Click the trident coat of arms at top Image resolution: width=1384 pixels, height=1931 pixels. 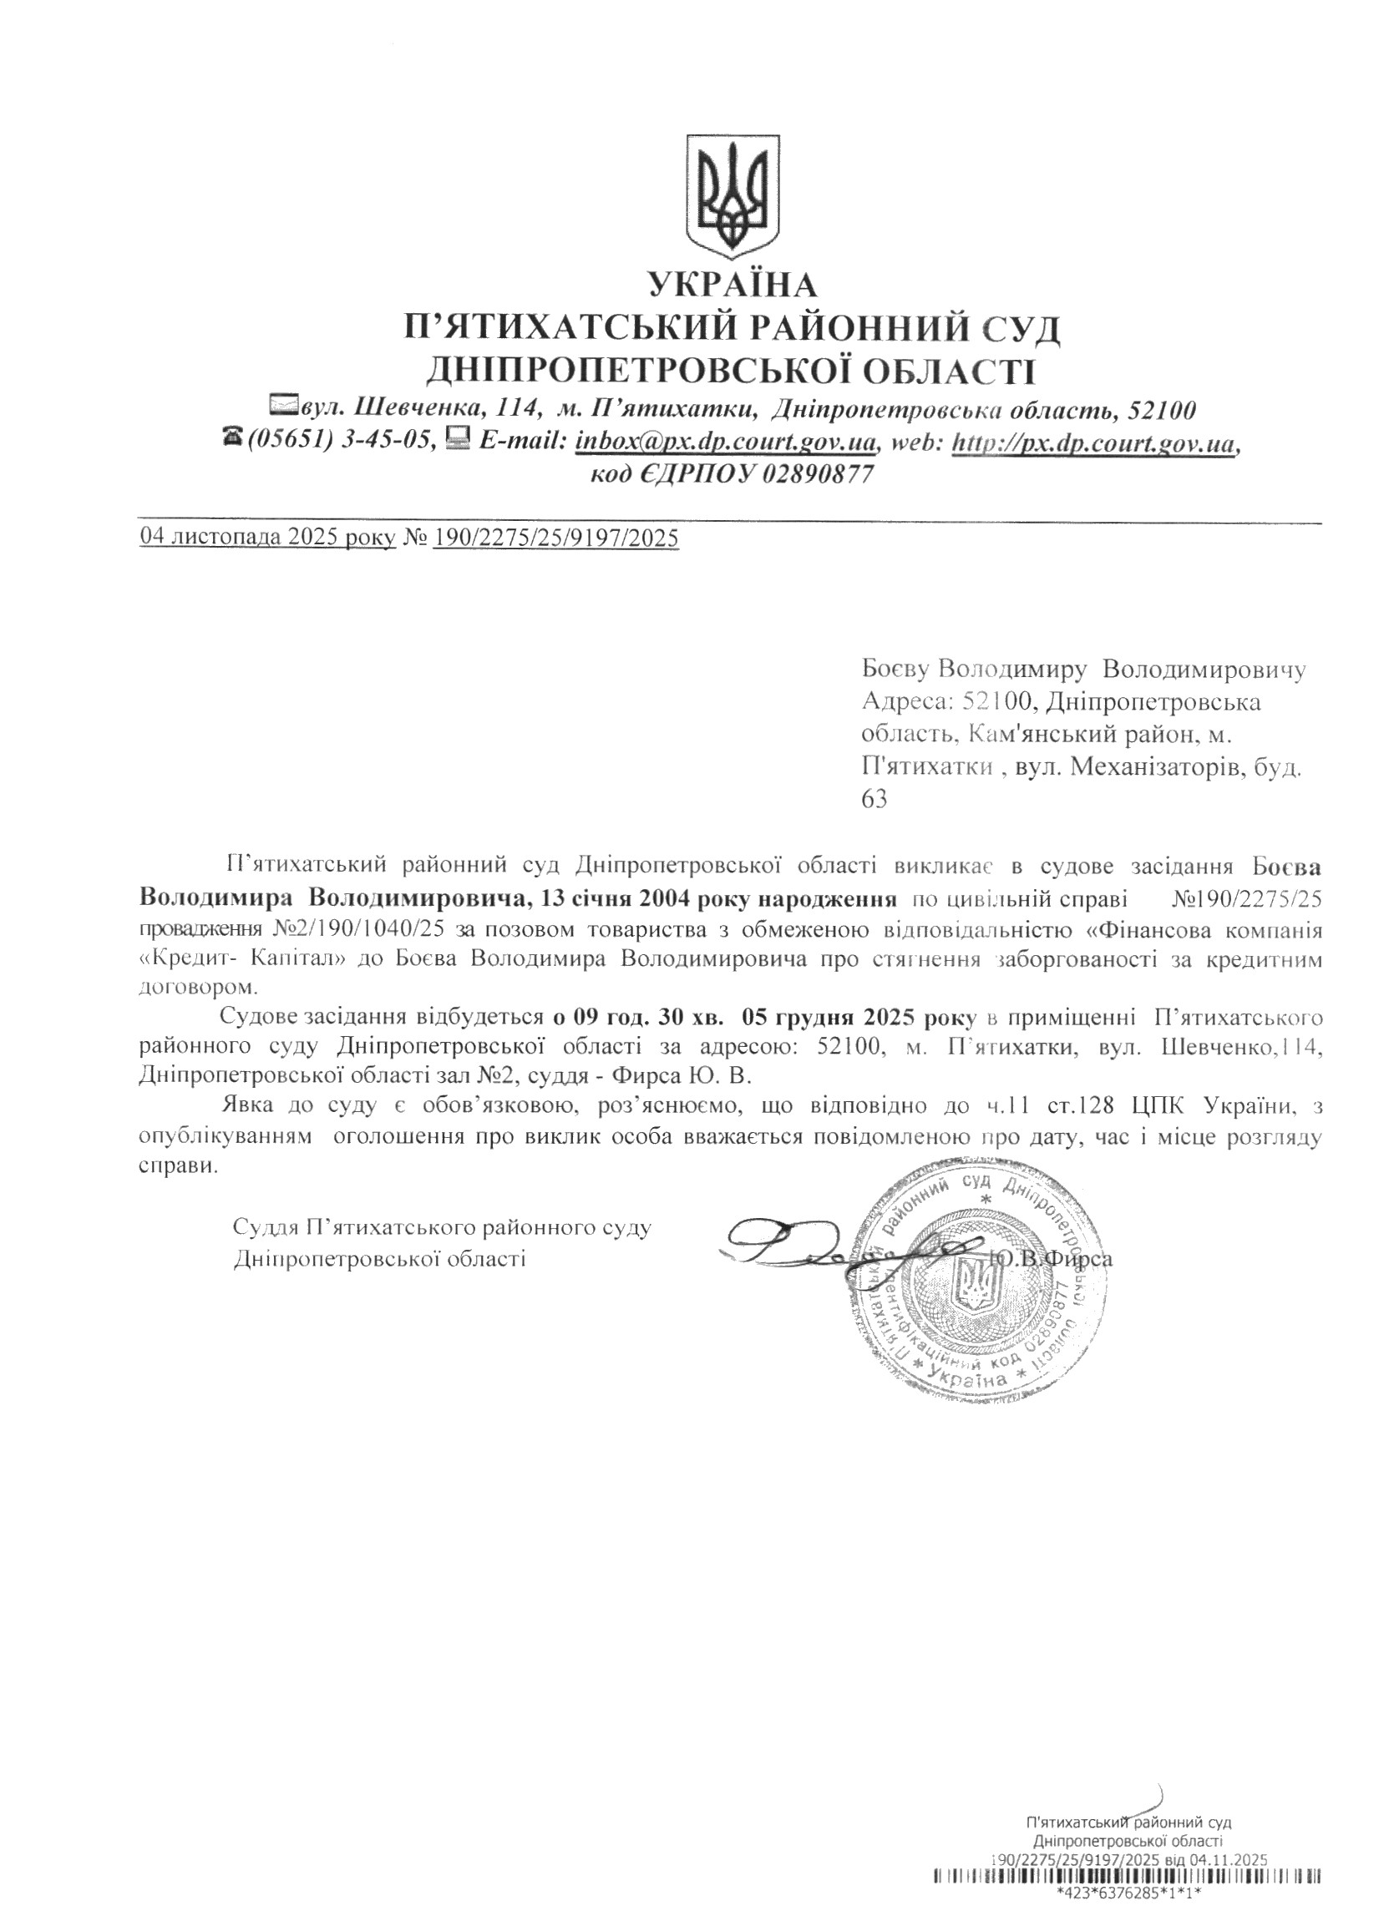[732, 195]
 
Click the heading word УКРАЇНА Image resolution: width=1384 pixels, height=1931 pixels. [732, 286]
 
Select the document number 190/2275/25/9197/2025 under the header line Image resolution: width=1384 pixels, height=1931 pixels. [555, 538]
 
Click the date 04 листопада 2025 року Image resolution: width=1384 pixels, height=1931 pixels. [267, 538]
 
